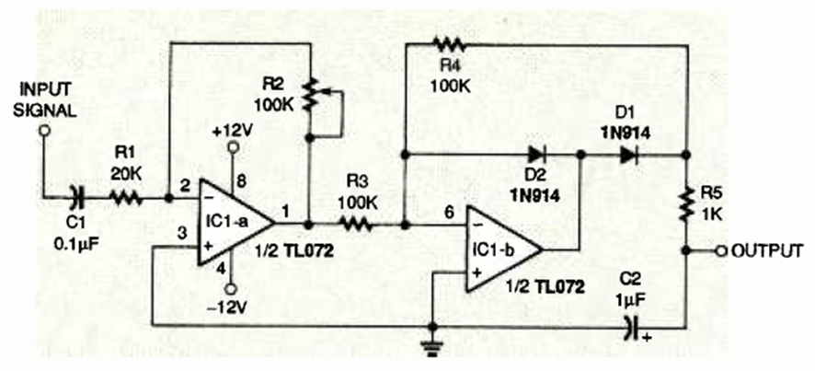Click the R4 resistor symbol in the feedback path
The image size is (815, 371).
pos(451,43)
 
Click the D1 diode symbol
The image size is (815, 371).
pos(628,155)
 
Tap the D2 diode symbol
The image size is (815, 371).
pos(535,155)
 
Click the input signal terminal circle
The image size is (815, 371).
pos(42,131)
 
